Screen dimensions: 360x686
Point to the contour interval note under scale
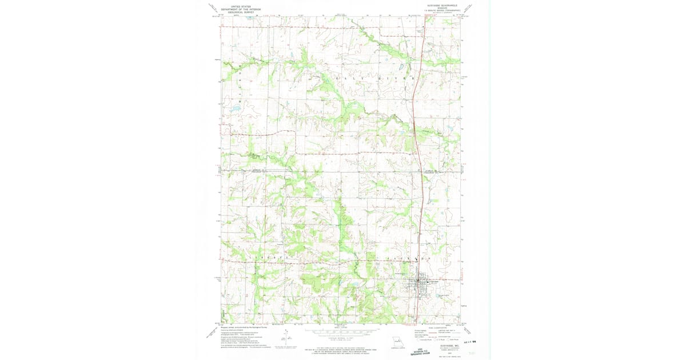[343, 337]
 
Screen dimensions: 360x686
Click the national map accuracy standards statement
[343, 345]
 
